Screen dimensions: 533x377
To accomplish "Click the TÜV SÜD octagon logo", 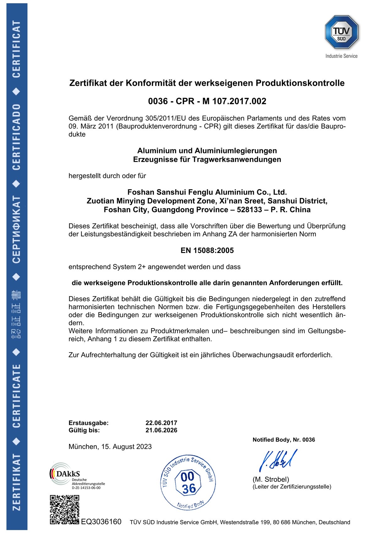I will coord(341,32).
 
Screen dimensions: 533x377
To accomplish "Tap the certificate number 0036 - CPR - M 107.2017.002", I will coord(207,101).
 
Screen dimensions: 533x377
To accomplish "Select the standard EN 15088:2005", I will coord(207,250).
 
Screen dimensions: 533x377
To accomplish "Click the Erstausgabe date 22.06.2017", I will coord(161,423).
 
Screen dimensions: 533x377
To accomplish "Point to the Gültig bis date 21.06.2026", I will coord(161,430).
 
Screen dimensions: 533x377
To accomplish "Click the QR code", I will coord(65,509).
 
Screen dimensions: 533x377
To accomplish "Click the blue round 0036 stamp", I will coord(188,483).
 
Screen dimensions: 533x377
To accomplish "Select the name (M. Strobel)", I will coord(270,479).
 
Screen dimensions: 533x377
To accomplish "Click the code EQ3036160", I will coord(101,522).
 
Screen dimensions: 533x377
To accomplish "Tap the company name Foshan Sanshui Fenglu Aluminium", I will coord(207,192).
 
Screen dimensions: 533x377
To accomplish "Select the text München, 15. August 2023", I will coord(110,447).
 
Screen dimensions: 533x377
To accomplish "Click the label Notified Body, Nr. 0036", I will coord(284,440).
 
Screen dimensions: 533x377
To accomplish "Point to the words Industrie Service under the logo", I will coord(341,56).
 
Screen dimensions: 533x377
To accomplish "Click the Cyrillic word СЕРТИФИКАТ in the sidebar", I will coord(16,229).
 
